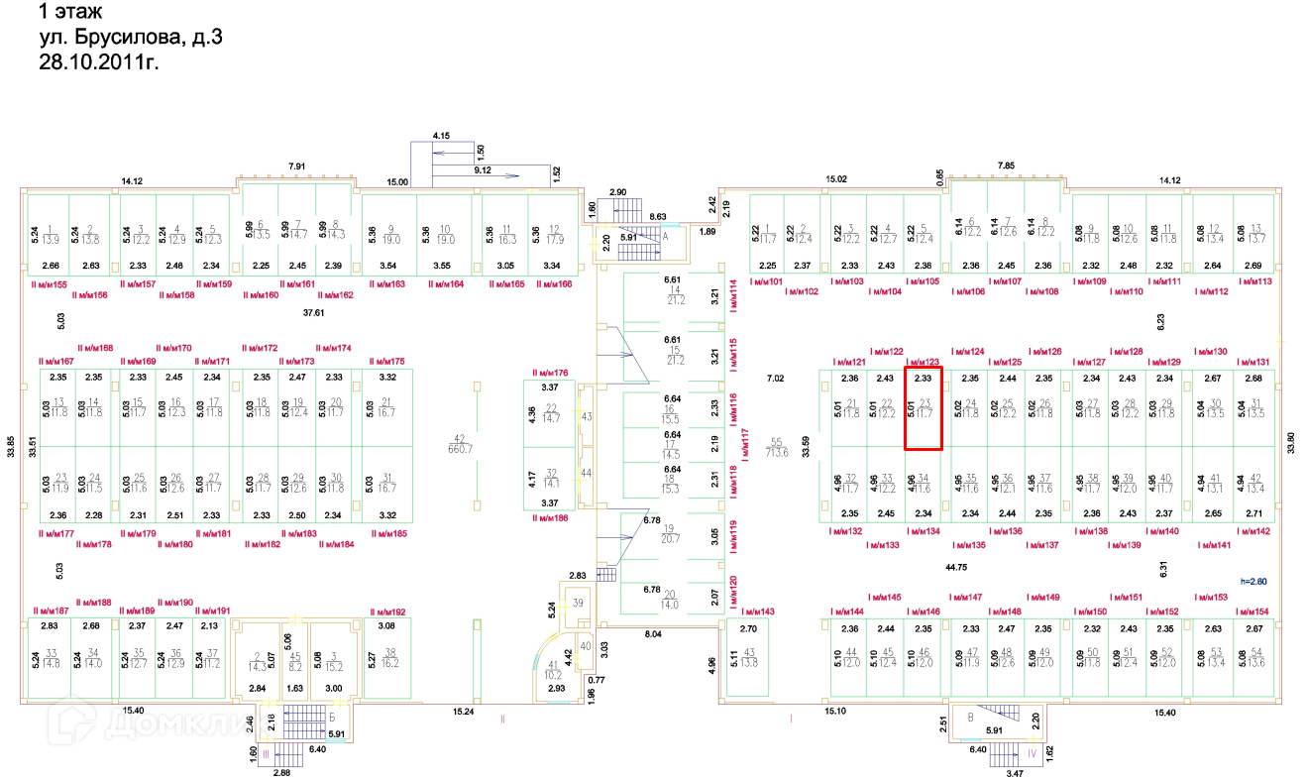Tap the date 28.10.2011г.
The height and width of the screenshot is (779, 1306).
[98, 61]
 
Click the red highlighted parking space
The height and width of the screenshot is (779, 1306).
[923, 407]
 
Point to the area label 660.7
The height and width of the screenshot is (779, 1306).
[459, 448]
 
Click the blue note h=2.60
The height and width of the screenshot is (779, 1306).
[1254, 582]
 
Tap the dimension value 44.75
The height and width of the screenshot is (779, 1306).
[956, 566]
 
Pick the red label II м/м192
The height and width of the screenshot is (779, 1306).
[387, 612]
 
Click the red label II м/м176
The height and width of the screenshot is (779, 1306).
[552, 372]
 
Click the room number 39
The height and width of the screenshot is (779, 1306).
[579, 604]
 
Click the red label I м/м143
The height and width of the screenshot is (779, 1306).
[757, 612]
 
